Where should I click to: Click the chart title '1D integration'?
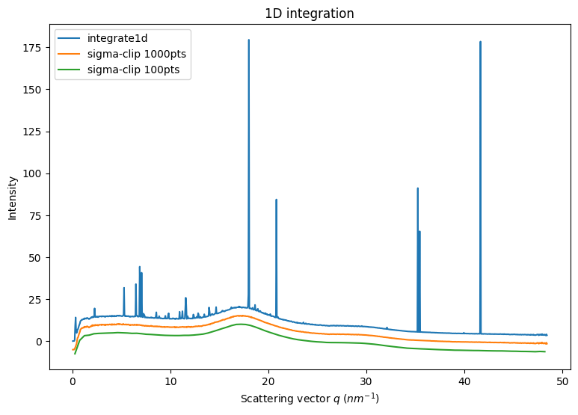click(x=309, y=13)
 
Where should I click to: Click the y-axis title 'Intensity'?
click(x=13, y=198)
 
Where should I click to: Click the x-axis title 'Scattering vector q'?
click(x=309, y=399)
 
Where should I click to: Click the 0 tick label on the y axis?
click(x=40, y=342)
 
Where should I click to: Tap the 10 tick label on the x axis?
click(x=170, y=380)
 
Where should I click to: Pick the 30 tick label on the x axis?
click(x=366, y=380)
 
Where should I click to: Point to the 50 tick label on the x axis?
click(x=562, y=380)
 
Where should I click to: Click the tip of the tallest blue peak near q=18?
click(x=249, y=40)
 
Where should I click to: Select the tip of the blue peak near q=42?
click(x=480, y=42)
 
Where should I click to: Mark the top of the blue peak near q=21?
click(x=276, y=200)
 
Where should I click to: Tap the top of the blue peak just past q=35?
click(x=418, y=188)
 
